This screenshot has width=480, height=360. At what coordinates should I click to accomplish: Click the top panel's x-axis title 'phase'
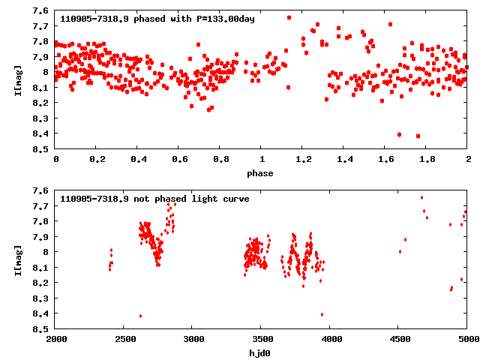262,173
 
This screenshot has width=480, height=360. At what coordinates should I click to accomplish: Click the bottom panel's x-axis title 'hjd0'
262,353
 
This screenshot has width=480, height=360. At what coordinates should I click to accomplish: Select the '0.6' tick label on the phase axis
179,160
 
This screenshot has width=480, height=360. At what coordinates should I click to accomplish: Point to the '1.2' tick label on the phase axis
303,160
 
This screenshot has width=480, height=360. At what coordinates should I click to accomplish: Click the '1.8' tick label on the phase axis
427,160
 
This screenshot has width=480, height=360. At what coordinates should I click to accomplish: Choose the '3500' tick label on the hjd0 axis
262,340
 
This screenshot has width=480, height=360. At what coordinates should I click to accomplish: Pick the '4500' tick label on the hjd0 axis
399,340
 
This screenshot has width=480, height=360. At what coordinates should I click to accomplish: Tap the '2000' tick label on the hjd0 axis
56,340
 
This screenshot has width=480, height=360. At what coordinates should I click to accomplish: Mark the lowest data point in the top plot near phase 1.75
418,136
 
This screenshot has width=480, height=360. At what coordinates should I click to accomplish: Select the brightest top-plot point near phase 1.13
289,17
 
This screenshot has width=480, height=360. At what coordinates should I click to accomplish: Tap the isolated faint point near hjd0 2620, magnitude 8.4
140,316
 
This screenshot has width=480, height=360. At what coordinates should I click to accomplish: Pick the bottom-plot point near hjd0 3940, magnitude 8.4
322,314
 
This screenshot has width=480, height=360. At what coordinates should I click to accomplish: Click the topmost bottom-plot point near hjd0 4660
421,197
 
